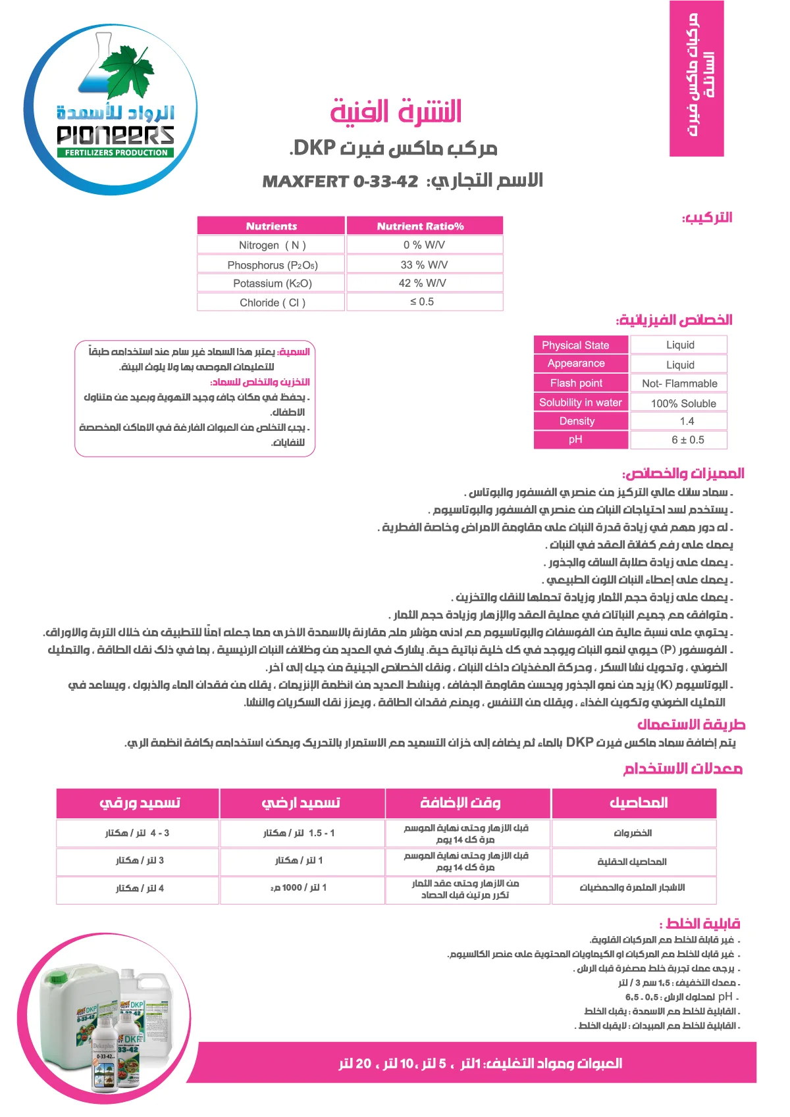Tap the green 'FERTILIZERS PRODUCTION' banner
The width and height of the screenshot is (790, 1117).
point(117,153)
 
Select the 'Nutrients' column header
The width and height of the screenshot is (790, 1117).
point(271,226)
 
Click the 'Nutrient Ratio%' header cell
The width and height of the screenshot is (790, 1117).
point(420,226)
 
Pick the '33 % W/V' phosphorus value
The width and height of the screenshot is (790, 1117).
point(424,264)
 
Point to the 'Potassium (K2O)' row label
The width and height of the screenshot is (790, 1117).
point(272,284)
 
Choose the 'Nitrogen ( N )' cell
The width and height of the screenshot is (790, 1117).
point(272,245)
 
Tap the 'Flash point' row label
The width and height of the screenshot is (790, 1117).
point(576,383)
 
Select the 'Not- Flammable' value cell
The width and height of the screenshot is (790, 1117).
point(679,384)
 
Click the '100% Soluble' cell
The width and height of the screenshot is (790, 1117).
point(683,403)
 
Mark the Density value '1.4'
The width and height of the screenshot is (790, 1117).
point(687,421)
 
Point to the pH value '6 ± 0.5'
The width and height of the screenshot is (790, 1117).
point(687,440)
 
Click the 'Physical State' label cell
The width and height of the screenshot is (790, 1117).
point(575,345)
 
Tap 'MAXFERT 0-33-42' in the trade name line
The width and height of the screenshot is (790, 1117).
point(340,182)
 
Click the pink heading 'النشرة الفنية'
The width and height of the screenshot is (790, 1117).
point(396,111)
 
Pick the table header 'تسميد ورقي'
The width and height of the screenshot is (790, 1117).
point(139,803)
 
